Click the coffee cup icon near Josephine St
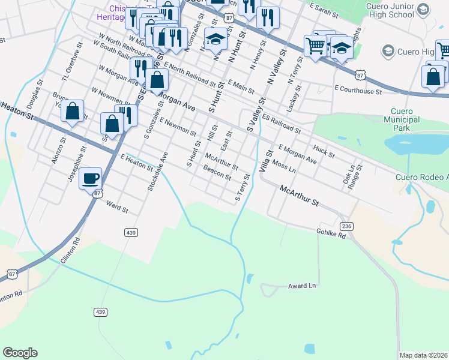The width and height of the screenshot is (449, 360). tap(90, 178)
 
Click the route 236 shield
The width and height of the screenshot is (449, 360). tap(346, 226)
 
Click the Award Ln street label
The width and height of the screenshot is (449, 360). tap(301, 286)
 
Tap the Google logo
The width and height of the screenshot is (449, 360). tap(20, 353)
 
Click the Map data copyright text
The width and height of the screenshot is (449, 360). tap(423, 355)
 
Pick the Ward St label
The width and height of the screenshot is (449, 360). tap(117, 208)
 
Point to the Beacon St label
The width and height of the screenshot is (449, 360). tap(217, 173)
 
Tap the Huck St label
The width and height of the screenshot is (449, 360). tap(324, 150)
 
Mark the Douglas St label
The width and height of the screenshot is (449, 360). tap(34, 93)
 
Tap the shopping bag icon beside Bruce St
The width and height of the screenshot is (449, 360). tap(72, 111)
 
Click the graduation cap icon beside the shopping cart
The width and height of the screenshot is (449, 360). tap(342, 47)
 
